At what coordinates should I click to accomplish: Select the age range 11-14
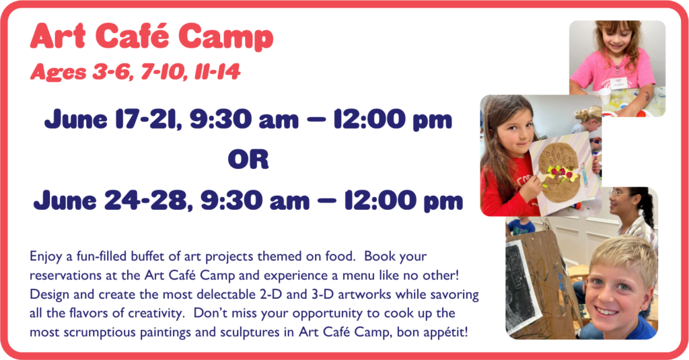[x=217, y=71]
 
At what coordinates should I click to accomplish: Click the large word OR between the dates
[x=248, y=159]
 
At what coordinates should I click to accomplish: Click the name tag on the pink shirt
[x=620, y=83]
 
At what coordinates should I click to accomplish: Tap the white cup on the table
[x=605, y=96]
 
